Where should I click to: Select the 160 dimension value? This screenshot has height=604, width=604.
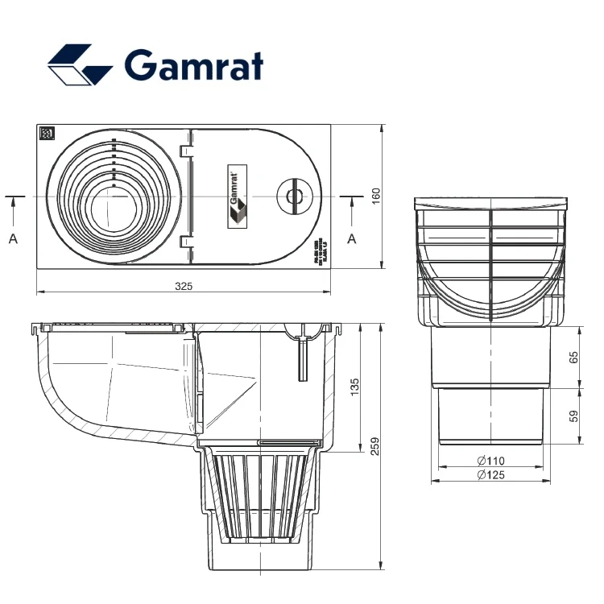pyautogui.click(x=375, y=197)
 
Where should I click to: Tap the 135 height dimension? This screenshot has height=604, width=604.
pyautogui.click(x=354, y=389)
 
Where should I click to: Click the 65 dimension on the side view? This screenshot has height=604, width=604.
pyautogui.click(x=573, y=358)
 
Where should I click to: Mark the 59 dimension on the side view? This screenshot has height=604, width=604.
pyautogui.click(x=573, y=416)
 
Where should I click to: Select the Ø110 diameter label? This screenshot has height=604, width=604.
pyautogui.click(x=490, y=461)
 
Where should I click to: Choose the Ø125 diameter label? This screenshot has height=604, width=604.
pyautogui.click(x=490, y=475)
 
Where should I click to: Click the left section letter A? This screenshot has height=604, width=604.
pyautogui.click(x=13, y=238)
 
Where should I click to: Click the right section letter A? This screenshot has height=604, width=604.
pyautogui.click(x=351, y=238)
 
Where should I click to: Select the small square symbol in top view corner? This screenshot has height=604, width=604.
pyautogui.click(x=47, y=134)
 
